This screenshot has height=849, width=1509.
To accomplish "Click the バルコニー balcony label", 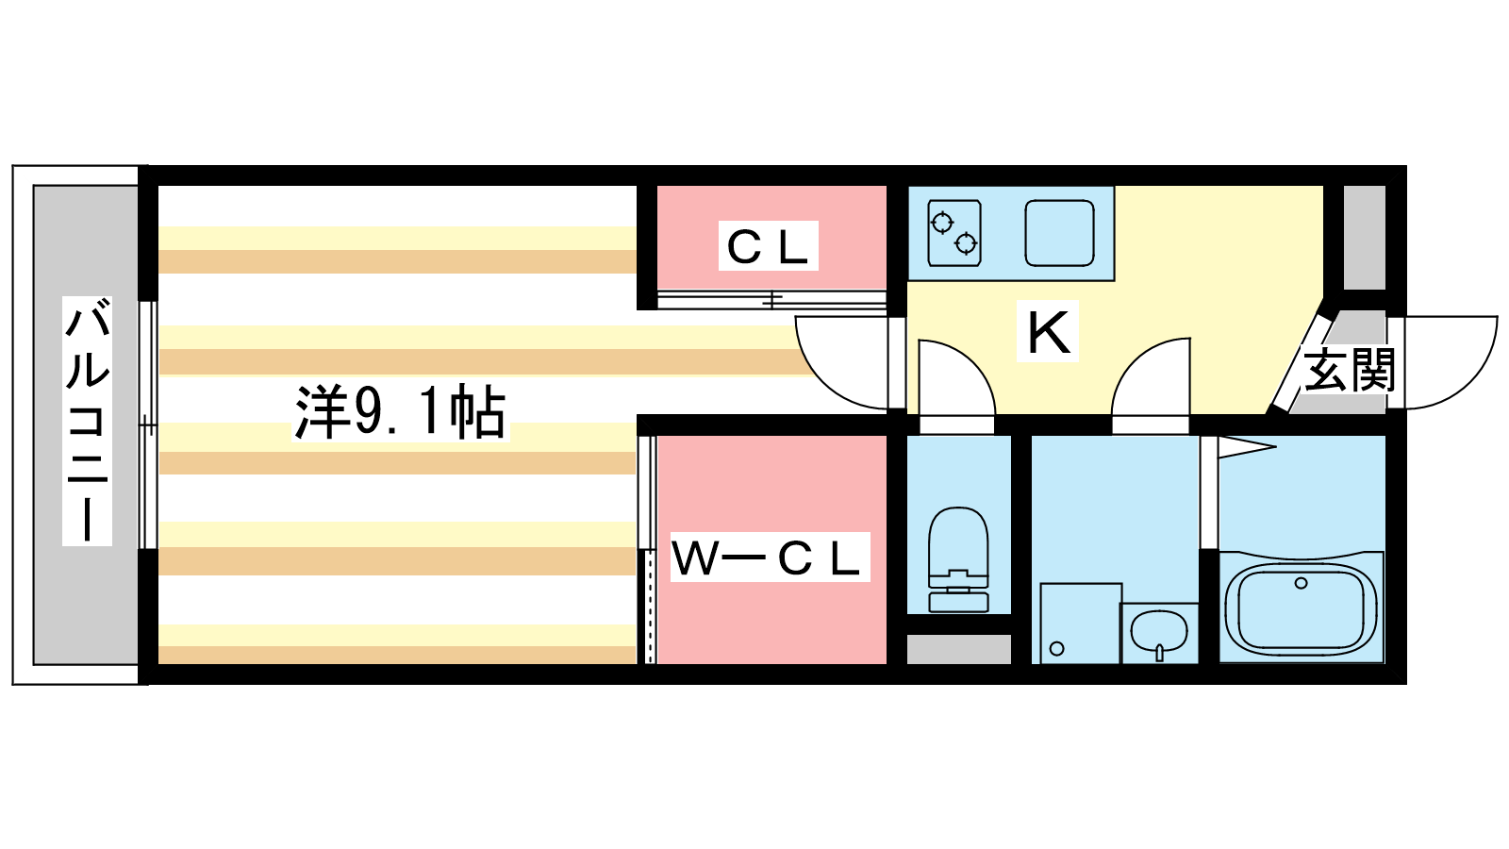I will pyautogui.click(x=87, y=421).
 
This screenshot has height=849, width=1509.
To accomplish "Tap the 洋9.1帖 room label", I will pyautogui.click(x=400, y=412).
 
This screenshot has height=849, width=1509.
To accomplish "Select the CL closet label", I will pyautogui.click(x=768, y=246).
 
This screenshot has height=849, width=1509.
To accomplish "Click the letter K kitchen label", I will pyautogui.click(x=1048, y=332).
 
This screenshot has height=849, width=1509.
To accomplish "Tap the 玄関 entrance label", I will pyautogui.click(x=1349, y=370).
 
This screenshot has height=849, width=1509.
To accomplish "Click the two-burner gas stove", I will pyautogui.click(x=953, y=233).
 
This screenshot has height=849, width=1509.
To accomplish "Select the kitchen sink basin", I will pyautogui.click(x=1059, y=232).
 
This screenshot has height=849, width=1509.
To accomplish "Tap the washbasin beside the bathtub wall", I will pyautogui.click(x=1159, y=631).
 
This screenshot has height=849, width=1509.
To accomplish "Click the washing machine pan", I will pyautogui.click(x=1080, y=623).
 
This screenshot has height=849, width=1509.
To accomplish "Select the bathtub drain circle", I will pyautogui.click(x=1302, y=583).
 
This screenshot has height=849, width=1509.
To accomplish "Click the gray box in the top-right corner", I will pyautogui.click(x=1364, y=237).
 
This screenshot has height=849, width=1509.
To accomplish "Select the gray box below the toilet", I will pyautogui.click(x=958, y=649).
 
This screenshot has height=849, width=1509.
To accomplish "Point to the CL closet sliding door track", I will pyautogui.click(x=771, y=300).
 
